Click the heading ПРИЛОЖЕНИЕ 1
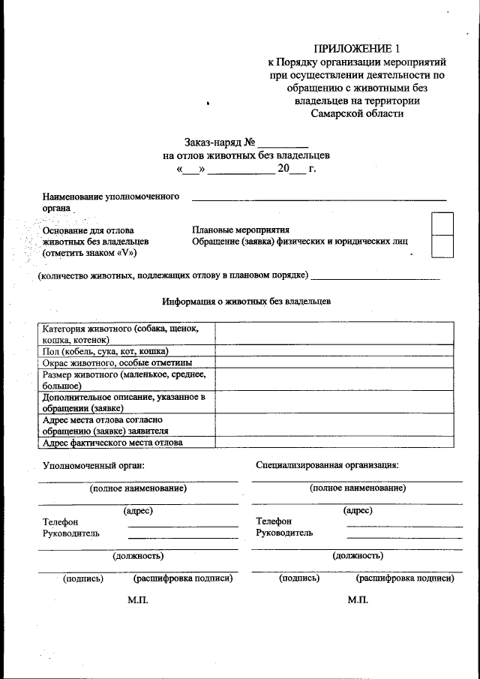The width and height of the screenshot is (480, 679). (357, 48)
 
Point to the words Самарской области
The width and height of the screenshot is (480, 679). (357, 114)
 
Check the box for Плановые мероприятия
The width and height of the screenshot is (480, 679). (442, 224)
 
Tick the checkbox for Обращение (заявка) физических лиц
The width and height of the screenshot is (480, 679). (442, 246)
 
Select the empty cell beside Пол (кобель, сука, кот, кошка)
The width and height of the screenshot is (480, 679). (334, 351)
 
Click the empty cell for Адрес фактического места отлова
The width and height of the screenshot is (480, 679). (334, 442)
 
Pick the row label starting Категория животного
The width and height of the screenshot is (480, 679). (124, 334)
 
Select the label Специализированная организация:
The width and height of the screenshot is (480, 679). (326, 464)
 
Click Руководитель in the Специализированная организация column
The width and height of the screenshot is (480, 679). (284, 533)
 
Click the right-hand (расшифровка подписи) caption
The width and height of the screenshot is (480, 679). (404, 578)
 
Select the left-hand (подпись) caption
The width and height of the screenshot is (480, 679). (83, 578)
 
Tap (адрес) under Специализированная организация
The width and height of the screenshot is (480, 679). (358, 511)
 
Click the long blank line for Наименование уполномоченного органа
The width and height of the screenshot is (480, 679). (319, 198)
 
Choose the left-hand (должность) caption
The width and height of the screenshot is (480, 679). (138, 556)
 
